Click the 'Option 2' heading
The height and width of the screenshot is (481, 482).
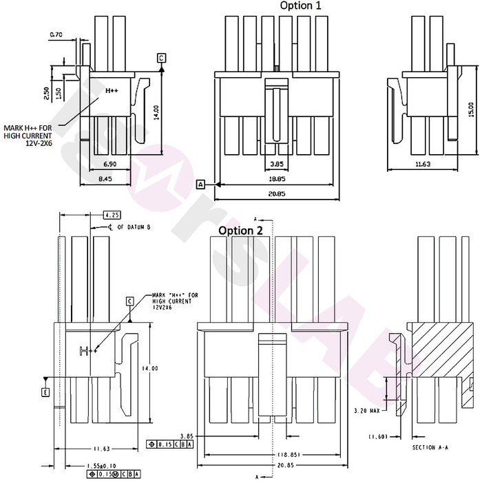click(241, 231)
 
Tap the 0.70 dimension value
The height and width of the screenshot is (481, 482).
click(56, 34)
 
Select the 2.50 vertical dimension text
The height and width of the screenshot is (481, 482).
click(46, 94)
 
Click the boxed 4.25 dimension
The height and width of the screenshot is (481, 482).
click(112, 214)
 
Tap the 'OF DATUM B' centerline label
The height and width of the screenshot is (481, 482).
click(129, 226)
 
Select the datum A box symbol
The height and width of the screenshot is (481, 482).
click(201, 184)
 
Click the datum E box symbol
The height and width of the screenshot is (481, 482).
click(45, 392)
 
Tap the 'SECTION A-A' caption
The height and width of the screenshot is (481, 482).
click(433, 448)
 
